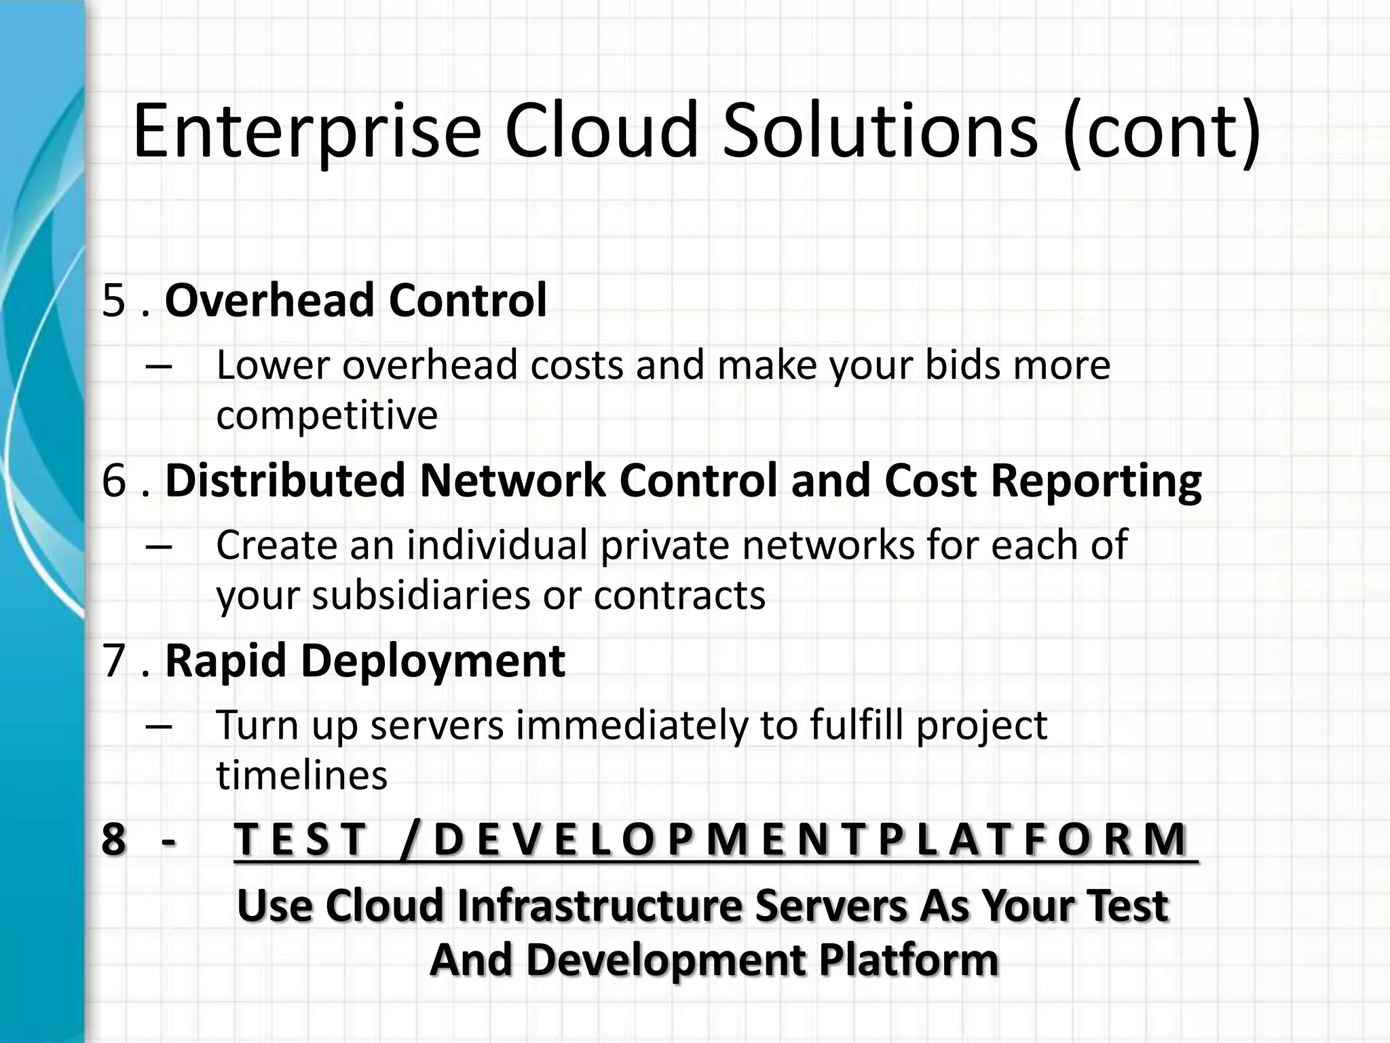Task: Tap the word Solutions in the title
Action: point(880,130)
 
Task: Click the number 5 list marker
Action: point(113,301)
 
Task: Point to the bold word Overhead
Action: point(269,301)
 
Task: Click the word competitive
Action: point(326,415)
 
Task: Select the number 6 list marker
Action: point(113,481)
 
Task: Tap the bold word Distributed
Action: point(285,481)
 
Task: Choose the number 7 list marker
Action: point(113,661)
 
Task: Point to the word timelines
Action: point(301,775)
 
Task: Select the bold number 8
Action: point(113,839)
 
